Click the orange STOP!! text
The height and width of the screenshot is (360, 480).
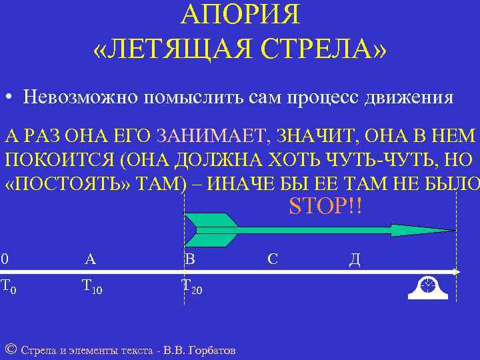(325, 204)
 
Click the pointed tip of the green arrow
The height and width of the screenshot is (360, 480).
(453, 230)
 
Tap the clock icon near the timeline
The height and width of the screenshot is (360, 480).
(427, 286)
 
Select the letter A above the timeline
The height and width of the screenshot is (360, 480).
(90, 259)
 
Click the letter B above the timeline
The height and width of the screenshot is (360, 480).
(189, 259)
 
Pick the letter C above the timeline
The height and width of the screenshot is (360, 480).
(273, 259)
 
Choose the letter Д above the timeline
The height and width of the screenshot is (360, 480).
(355, 259)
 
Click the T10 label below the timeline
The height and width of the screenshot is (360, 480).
(91, 287)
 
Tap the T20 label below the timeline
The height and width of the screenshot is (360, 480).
(192, 287)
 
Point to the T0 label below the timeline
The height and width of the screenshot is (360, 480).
(8, 287)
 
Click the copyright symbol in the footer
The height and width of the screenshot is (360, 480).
(9, 349)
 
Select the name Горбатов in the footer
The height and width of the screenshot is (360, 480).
(214, 350)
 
